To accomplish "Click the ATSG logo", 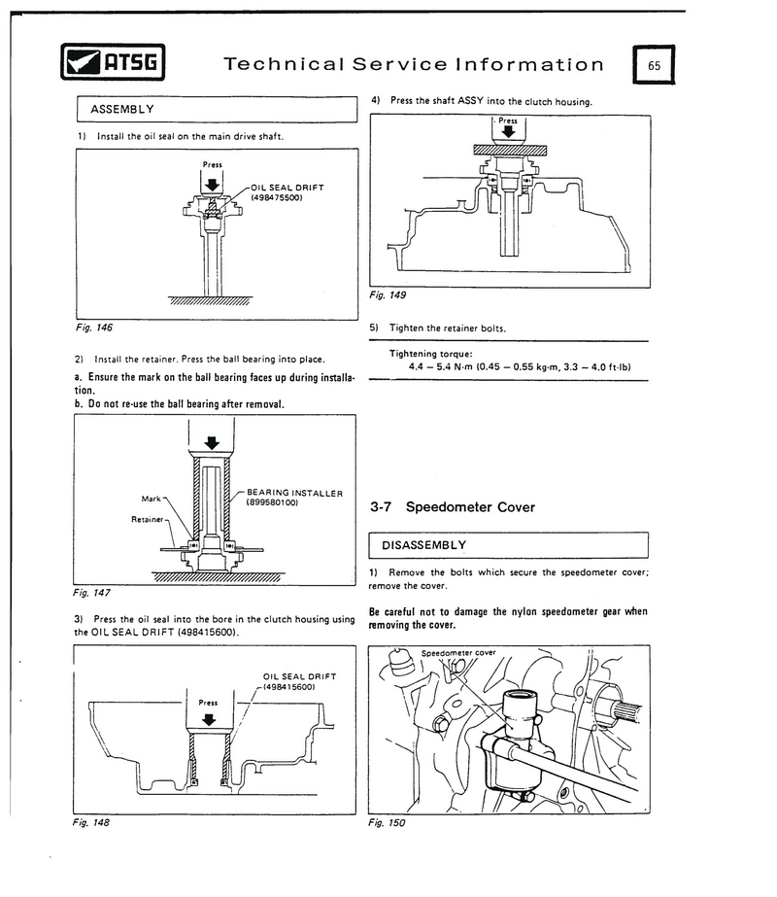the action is click(113, 62).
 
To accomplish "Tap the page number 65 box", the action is click(654, 65).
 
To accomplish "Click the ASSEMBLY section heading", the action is click(122, 109).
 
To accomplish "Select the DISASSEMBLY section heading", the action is click(424, 545).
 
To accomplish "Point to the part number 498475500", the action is click(277, 198).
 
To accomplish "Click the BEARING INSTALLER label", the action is click(295, 493).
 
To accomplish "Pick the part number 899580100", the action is click(272, 502).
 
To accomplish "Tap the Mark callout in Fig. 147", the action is click(151, 499).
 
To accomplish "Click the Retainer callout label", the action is click(148, 519).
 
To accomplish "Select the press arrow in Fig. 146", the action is click(212, 185).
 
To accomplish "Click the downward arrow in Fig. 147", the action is click(212, 443).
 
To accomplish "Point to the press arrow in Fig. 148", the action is click(209, 720).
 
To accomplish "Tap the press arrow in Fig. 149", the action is click(508, 131).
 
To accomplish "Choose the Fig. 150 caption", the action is click(387, 823).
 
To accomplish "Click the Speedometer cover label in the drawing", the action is click(458, 653).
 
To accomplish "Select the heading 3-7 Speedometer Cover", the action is click(453, 507).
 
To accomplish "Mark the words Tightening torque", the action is click(431, 354).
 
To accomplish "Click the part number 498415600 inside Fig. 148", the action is click(289, 687).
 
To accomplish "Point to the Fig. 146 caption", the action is click(94, 328).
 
